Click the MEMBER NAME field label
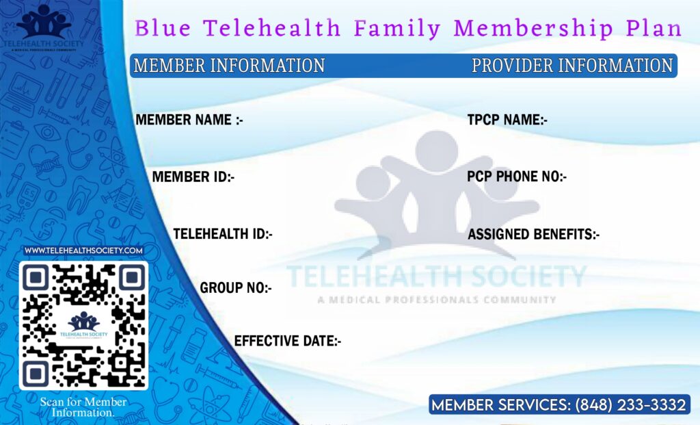point(189,120)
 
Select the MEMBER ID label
point(193,177)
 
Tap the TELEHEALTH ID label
point(223,233)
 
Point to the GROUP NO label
point(236,287)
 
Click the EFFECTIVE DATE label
point(288,340)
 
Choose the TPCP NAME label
point(507,120)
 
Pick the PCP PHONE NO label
point(517,177)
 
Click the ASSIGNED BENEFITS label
point(533,234)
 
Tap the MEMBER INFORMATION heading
point(229,66)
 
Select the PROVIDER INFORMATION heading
point(572,66)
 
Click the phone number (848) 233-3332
point(630,405)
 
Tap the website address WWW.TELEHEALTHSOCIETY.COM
point(83,250)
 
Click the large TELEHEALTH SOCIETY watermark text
point(436,276)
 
